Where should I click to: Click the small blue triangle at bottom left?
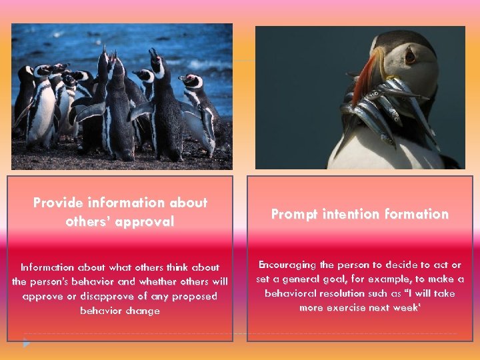[26, 343]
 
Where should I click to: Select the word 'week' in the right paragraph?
[418, 307]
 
